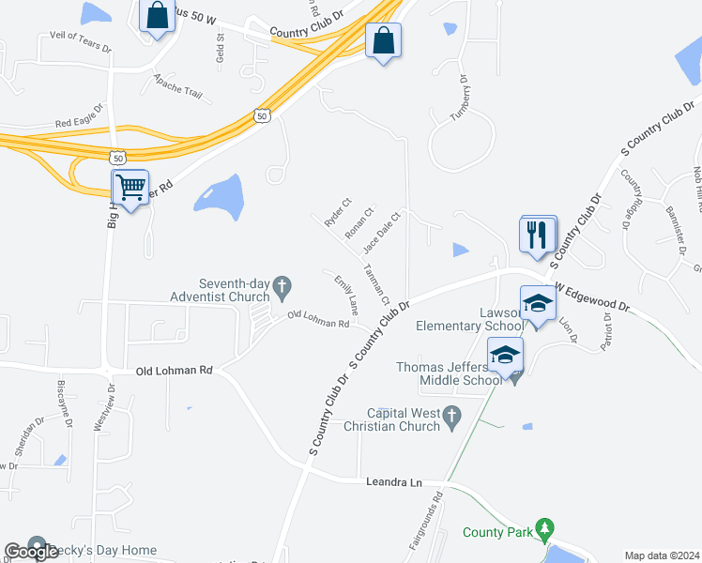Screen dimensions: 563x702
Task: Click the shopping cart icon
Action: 130,187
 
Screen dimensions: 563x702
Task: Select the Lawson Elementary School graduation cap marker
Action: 538,304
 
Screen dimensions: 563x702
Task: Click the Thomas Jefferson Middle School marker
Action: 505,356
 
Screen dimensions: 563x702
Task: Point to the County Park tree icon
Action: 543,531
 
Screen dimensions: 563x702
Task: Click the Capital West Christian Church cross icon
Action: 452,414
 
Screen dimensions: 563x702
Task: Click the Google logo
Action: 31,552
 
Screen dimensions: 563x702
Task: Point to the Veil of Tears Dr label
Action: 74,42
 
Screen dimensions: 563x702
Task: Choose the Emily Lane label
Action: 346,294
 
